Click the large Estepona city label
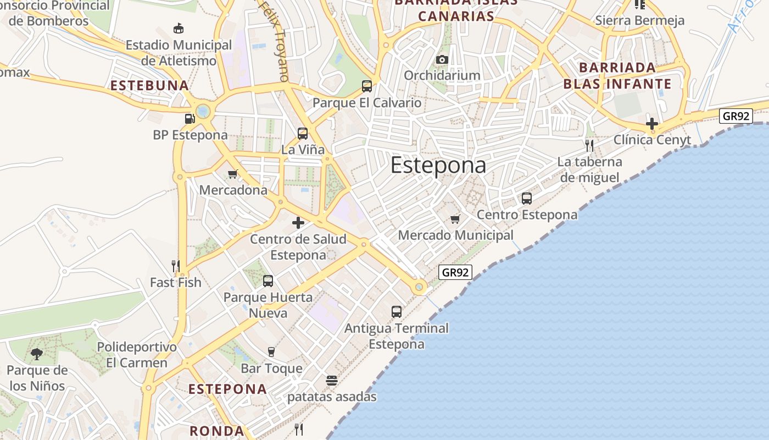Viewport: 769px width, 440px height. pyautogui.click(x=438, y=166)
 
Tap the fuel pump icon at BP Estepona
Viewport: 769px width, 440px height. pyautogui.click(x=190, y=118)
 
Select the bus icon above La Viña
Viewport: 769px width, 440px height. pyautogui.click(x=303, y=133)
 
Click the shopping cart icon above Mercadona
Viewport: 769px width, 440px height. pyautogui.click(x=232, y=174)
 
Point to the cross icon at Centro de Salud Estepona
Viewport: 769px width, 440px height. pyautogui.click(x=298, y=223)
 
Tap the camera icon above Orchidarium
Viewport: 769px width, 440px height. pyautogui.click(x=442, y=59)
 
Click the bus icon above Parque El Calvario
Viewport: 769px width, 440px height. pyautogui.click(x=367, y=86)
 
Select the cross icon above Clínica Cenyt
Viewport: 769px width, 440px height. pyautogui.click(x=652, y=124)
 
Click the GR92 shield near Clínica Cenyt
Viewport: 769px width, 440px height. pyautogui.click(x=735, y=116)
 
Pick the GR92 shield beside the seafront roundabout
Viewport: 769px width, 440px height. pyautogui.click(x=456, y=272)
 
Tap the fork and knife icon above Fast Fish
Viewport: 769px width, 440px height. pyautogui.click(x=176, y=266)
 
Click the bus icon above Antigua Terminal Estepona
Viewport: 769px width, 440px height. pyautogui.click(x=397, y=312)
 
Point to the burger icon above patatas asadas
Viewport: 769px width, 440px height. pyautogui.click(x=332, y=380)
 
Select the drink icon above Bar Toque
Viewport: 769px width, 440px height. pyautogui.click(x=271, y=352)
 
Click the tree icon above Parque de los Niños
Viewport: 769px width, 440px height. pyautogui.click(x=37, y=354)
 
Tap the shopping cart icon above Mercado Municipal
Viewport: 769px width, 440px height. pyautogui.click(x=455, y=219)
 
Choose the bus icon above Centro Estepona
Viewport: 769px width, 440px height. pyautogui.click(x=527, y=199)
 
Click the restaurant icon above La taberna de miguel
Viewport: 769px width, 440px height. pyautogui.click(x=589, y=145)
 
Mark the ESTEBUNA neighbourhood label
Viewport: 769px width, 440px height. pyautogui.click(x=150, y=86)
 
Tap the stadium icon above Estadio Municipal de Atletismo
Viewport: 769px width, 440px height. pyautogui.click(x=179, y=28)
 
